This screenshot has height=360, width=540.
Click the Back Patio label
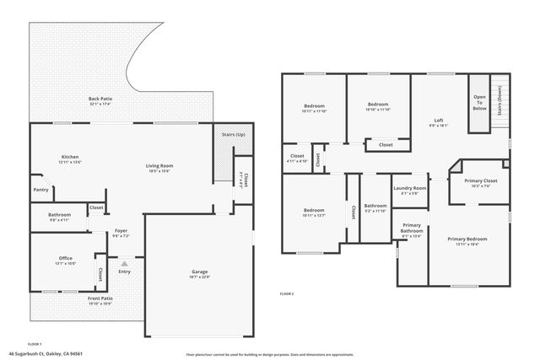click(x=100, y=99)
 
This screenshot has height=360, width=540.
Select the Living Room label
click(x=159, y=166)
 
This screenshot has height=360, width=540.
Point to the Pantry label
click(x=40, y=190)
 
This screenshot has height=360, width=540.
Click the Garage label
click(x=199, y=272)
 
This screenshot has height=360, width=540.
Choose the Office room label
click(x=66, y=259)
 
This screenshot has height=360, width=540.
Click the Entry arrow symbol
click(x=124, y=263)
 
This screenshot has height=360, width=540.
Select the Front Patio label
click(x=100, y=299)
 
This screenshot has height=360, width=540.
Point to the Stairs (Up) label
click(x=233, y=135)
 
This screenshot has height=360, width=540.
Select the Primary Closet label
click(x=480, y=182)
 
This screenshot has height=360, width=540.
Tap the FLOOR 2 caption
click(x=287, y=293)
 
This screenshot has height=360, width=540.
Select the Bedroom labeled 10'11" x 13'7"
click(x=314, y=212)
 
